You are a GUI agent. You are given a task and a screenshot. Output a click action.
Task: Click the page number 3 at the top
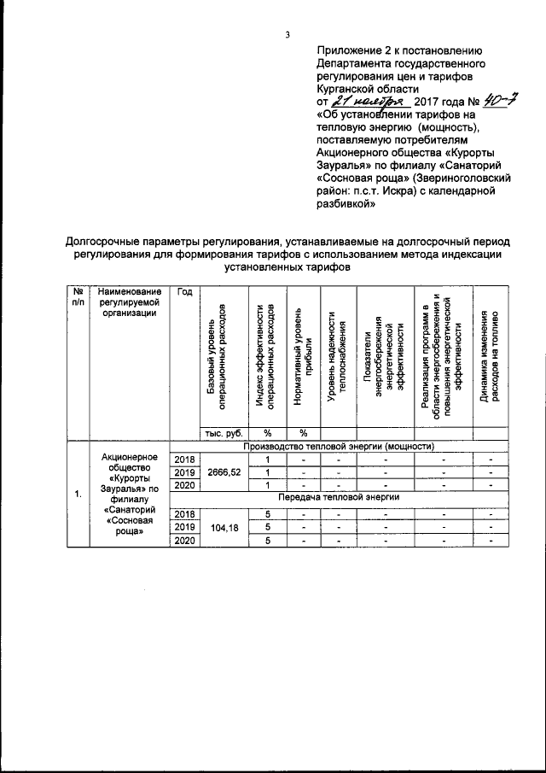pos(288,34)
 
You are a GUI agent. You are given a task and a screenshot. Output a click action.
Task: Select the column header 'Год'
pos(184,292)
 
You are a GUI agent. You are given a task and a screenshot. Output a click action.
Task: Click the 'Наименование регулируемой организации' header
pos(130,302)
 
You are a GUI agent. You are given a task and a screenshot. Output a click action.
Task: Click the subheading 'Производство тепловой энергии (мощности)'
pos(339,446)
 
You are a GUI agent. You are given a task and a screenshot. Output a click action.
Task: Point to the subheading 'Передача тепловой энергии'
pos(339,496)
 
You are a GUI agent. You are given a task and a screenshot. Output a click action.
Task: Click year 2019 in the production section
pos(184,472)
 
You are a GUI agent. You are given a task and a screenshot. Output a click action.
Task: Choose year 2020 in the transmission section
pos(184,541)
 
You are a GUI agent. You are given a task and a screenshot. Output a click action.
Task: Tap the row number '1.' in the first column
pos(78,493)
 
